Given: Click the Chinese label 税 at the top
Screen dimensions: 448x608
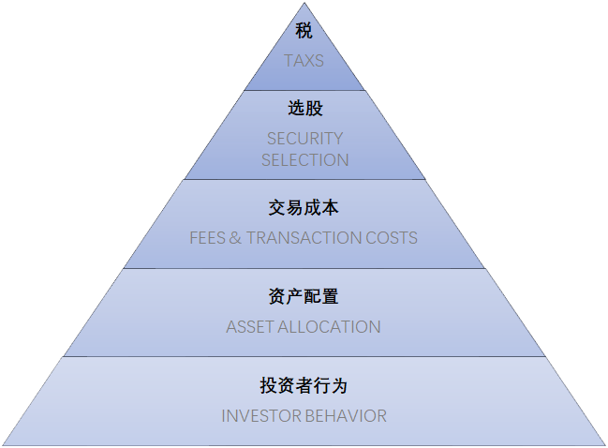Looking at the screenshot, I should tap(304, 31).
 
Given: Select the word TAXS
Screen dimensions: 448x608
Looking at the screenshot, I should tap(304, 61).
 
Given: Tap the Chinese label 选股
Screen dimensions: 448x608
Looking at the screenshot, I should tap(304, 109).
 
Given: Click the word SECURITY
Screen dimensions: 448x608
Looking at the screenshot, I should tap(304, 139).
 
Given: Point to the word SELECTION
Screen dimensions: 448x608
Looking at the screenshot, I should tap(304, 160).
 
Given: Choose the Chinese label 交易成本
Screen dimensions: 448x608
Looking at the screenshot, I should tap(304, 208).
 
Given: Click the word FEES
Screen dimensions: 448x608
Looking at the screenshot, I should tap(207, 238).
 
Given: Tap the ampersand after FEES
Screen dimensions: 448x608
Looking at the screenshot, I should tap(235, 238).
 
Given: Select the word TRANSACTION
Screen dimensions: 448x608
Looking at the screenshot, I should tap(307, 238).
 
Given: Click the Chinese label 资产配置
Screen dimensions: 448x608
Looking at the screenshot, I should tap(304, 297).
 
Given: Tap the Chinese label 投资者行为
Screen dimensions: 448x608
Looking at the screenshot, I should tap(304, 386).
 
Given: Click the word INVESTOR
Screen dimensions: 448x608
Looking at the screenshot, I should tap(260, 416).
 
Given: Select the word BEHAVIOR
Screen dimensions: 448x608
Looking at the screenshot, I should tap(344, 416).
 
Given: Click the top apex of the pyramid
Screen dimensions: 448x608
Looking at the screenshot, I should tap(304, 3).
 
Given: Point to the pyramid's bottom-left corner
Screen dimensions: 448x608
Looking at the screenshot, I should tap(3, 444).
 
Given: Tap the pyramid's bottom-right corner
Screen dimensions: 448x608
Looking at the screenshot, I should tap(605, 444).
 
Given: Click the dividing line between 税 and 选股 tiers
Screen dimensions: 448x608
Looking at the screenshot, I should tap(304, 91).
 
